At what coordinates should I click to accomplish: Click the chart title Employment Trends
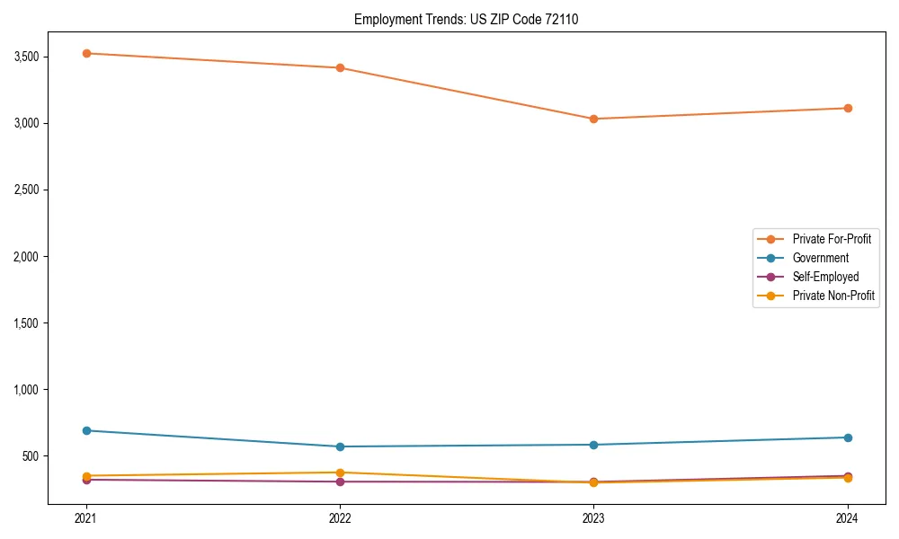point(473,19)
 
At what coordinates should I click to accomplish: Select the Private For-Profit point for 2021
point(86,53)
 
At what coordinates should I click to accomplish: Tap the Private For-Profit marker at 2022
point(340,67)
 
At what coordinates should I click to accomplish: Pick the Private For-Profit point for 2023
point(593,119)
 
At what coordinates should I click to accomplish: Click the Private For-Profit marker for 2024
point(848,108)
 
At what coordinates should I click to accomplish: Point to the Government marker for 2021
point(86,430)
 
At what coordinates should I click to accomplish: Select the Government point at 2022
point(340,446)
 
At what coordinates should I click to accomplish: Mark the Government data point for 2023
point(593,445)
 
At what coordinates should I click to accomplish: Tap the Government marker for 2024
point(848,437)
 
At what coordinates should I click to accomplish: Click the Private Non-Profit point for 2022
point(340,473)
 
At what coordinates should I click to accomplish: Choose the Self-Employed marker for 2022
point(340,482)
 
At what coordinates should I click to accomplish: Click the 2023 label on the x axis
point(593,518)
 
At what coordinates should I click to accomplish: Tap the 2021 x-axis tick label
point(86,518)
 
